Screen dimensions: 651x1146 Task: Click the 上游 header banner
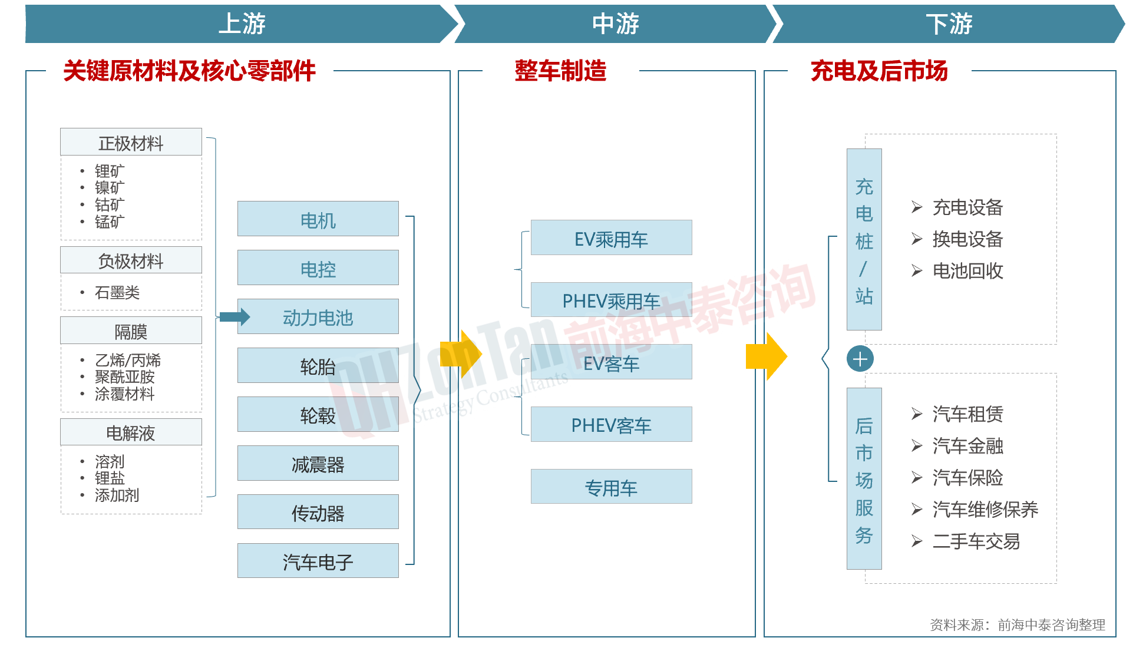(x=242, y=24)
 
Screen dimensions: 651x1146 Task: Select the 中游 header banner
(x=615, y=24)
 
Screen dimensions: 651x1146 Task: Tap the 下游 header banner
(x=949, y=24)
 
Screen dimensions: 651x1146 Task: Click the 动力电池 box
(x=318, y=317)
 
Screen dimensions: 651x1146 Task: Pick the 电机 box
(x=318, y=219)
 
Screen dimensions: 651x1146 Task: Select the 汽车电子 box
(x=318, y=561)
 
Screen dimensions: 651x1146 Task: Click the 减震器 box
(x=318, y=464)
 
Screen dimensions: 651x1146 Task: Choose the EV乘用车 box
(x=611, y=238)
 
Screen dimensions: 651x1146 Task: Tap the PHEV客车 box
(x=611, y=424)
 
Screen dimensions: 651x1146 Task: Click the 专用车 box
(x=611, y=487)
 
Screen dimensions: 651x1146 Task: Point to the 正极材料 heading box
(x=131, y=142)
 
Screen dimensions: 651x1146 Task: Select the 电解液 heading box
(x=131, y=432)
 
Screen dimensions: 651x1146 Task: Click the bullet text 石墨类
(x=117, y=292)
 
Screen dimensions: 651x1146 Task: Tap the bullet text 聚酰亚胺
(x=124, y=376)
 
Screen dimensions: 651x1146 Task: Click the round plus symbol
(x=860, y=359)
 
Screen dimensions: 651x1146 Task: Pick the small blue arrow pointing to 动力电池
(x=234, y=317)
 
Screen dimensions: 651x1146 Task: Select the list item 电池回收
(x=967, y=270)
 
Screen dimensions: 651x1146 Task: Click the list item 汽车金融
(x=967, y=446)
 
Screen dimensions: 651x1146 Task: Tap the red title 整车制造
(x=560, y=71)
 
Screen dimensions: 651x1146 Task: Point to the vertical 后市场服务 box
(x=864, y=478)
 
